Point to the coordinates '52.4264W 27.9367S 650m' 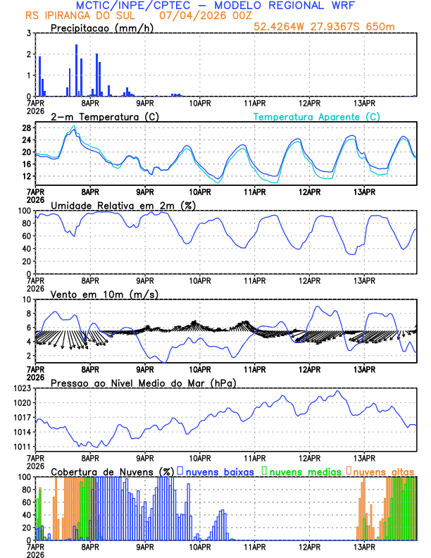tap(335, 27)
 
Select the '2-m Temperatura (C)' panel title tap(99, 116)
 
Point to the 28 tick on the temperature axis tap(26, 128)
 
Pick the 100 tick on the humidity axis tap(23, 211)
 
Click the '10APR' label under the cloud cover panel tap(200, 547)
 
